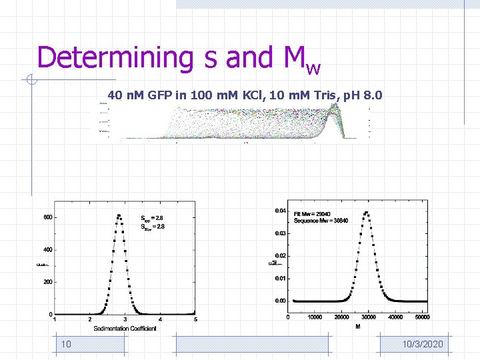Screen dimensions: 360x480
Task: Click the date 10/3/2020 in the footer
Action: (x=423, y=344)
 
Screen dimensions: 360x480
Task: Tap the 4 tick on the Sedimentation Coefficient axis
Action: (x=160, y=320)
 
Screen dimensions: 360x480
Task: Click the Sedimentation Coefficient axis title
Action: (x=125, y=329)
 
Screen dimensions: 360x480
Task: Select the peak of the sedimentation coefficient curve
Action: (x=119, y=215)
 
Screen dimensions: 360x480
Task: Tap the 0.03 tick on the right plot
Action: (x=281, y=233)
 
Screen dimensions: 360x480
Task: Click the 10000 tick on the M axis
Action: (x=315, y=317)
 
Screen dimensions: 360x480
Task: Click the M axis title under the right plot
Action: (x=358, y=327)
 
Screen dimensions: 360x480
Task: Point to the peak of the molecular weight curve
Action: (x=366, y=213)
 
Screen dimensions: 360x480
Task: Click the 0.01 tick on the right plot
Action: (x=281, y=278)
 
